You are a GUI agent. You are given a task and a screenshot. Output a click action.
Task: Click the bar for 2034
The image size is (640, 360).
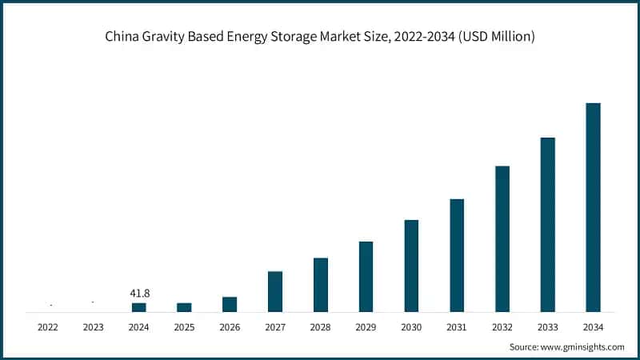[x=593, y=207]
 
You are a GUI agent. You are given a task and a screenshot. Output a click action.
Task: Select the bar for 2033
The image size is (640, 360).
[x=547, y=225]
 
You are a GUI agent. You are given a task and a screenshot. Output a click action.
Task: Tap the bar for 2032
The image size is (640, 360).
[x=502, y=239]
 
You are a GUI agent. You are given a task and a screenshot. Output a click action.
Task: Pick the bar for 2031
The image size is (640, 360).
[x=457, y=255]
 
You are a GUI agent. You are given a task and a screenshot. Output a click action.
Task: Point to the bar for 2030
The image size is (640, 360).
[x=411, y=266]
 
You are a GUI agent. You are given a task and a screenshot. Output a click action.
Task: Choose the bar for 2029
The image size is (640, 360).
[x=366, y=277]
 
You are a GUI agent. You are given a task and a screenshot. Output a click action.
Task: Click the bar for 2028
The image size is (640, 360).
[x=321, y=285]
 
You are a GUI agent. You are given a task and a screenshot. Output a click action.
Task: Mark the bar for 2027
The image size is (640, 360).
[x=275, y=291]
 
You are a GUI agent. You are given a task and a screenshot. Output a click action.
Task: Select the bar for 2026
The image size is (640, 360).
[x=230, y=304]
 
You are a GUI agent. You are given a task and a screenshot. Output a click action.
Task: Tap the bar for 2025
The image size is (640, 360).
[x=184, y=307]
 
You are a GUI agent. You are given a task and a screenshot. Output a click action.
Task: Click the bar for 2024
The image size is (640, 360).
[x=139, y=307]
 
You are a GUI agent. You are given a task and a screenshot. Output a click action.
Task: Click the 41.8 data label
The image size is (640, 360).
[x=139, y=294]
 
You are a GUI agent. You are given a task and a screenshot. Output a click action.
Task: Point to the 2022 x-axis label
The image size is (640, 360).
[x=48, y=327]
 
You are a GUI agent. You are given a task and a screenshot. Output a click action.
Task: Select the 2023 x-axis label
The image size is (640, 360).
[x=94, y=327]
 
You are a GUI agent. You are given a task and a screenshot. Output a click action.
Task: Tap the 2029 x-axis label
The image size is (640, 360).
[x=366, y=327]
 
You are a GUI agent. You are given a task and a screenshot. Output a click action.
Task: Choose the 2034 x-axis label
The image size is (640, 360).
[x=593, y=327]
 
